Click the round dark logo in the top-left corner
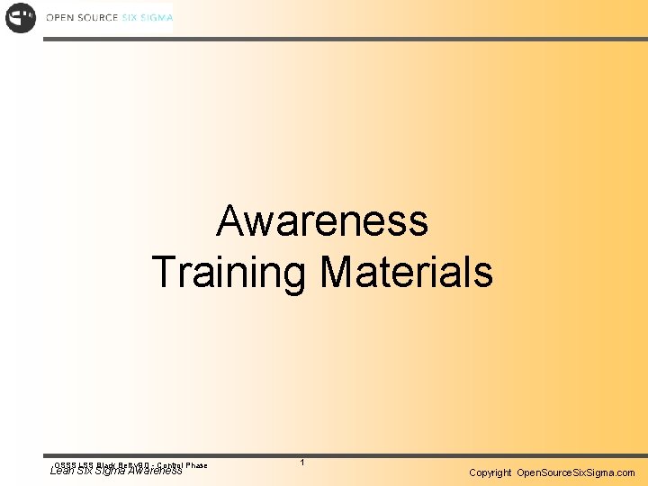click(x=21, y=18)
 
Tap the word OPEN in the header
click(x=60, y=18)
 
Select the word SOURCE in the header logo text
click(x=98, y=18)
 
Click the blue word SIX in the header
click(x=131, y=18)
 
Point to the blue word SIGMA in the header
click(x=157, y=18)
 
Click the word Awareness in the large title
click(x=322, y=220)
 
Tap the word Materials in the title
click(x=407, y=272)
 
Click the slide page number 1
click(x=302, y=463)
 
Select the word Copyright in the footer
click(x=490, y=472)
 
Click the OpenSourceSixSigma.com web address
click(x=576, y=472)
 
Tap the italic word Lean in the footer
click(x=62, y=470)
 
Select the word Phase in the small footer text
click(x=196, y=464)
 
